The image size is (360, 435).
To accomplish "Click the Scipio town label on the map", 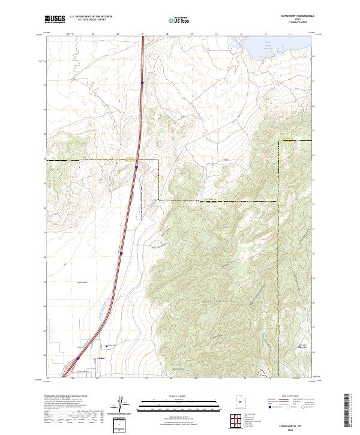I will click(101, 359).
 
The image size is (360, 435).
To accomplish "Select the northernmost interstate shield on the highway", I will click(142, 83).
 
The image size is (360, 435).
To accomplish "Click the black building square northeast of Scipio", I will click(108, 346).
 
